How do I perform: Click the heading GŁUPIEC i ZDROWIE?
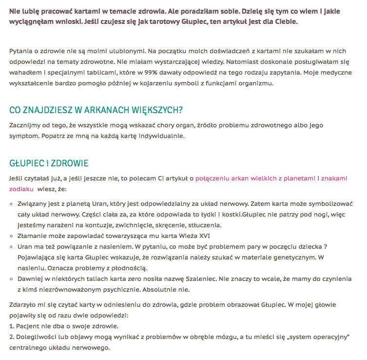(x=49, y=163)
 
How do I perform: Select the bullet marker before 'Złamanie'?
(x=12, y=236)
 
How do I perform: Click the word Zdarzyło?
(x=23, y=305)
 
